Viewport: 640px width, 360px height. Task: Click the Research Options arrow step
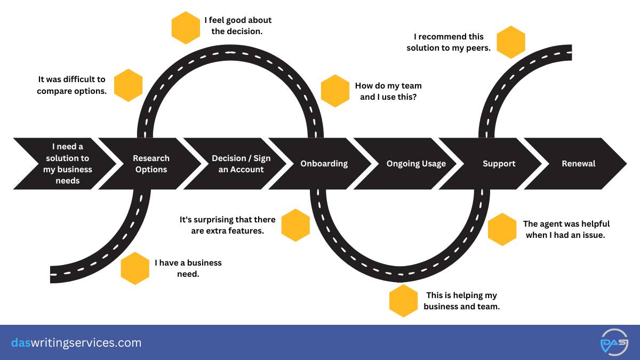pos(151,164)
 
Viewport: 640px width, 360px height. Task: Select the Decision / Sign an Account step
pos(241,164)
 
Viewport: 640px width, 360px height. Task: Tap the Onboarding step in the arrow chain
pos(324,164)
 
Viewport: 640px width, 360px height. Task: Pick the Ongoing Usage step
pos(416,164)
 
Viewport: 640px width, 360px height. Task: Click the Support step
pos(498,164)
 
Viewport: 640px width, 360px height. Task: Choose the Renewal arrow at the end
pos(578,164)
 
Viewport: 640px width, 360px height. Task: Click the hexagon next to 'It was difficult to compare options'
pos(129,85)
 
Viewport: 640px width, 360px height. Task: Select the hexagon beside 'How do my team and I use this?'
pos(335,91)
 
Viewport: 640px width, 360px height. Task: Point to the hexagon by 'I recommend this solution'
pos(511,42)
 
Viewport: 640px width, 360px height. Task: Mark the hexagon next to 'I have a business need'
pos(135,268)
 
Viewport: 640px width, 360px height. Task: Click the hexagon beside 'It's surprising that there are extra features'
pos(295,225)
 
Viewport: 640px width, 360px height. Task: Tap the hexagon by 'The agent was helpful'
pos(502,229)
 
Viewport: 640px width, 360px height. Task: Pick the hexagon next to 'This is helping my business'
pos(404,301)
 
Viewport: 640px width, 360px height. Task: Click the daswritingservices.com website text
pos(76,342)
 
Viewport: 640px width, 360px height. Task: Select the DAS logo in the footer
pos(614,342)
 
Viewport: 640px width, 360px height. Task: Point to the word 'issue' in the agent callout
pos(593,235)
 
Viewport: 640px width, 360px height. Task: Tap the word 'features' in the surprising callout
pos(247,231)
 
